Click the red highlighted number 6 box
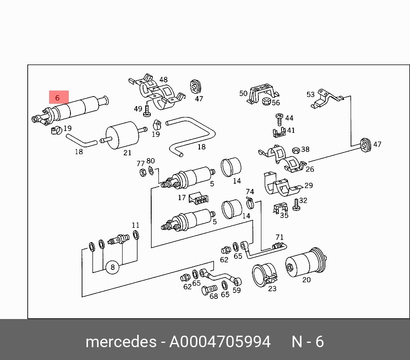59,97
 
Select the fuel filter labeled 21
123,135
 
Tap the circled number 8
112,267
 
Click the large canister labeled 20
306,263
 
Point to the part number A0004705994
220,342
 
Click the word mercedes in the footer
121,342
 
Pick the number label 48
164,79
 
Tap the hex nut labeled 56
266,101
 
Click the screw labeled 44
279,119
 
